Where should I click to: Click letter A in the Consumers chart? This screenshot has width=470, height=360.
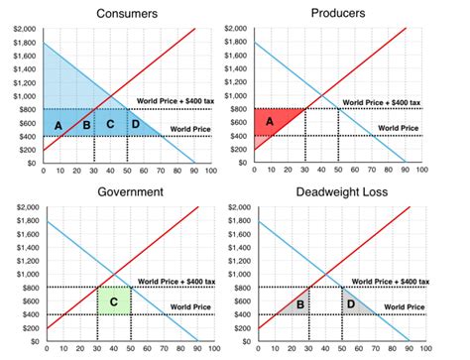pyautogui.click(x=59, y=124)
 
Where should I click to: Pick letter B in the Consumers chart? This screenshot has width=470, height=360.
pyautogui.click(x=86, y=124)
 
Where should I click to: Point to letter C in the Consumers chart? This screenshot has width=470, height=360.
pyautogui.click(x=111, y=124)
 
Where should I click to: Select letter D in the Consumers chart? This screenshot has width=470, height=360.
pyautogui.click(x=135, y=124)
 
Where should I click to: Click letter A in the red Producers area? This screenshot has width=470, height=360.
pyautogui.click(x=269, y=120)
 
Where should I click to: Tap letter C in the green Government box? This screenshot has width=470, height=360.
pyautogui.click(x=114, y=300)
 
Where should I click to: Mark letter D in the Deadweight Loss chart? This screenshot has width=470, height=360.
pyautogui.click(x=350, y=302)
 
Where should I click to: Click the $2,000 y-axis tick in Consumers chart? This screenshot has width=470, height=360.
pyautogui.click(x=24, y=30)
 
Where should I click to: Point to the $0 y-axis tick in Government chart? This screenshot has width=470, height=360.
pyautogui.click(x=32, y=341)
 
